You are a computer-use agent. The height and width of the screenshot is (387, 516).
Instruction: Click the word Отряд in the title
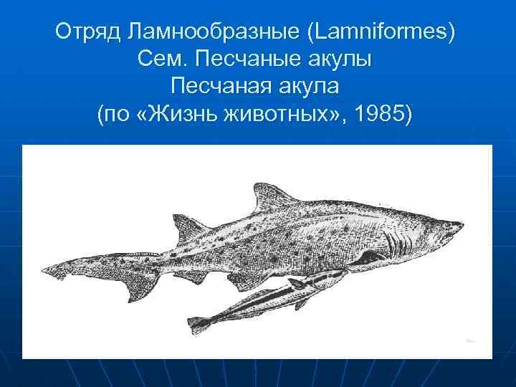(87, 33)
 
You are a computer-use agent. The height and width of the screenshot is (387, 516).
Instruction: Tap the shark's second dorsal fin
(183, 227)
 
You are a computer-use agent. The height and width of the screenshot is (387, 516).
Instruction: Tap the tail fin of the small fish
(197, 322)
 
